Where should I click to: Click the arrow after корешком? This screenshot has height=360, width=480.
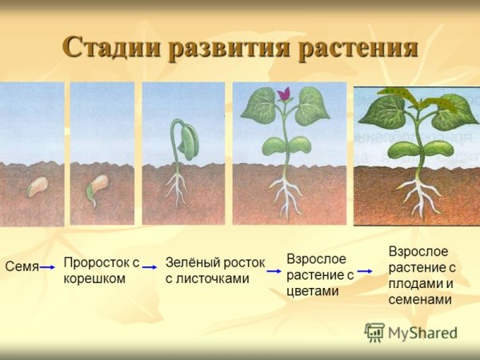click(x=150, y=272)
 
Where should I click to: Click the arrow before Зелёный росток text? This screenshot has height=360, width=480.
click(x=150, y=272)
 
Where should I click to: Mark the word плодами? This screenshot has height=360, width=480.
click(x=414, y=283)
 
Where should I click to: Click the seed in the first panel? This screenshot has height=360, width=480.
click(x=37, y=187)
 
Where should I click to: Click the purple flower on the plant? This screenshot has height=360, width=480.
click(x=283, y=94)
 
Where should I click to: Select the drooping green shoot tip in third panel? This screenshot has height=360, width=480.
click(x=189, y=140)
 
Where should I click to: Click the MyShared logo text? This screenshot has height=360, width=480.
click(x=421, y=334)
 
